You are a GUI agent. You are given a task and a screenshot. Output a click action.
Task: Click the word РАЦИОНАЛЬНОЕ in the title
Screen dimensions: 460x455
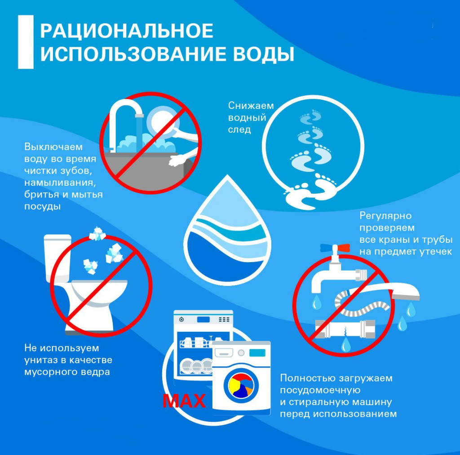[x=126, y=31]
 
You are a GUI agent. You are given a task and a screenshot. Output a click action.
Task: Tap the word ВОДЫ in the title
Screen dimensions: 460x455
[x=263, y=54]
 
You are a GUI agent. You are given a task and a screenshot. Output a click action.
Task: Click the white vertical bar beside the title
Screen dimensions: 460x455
[x=26, y=42]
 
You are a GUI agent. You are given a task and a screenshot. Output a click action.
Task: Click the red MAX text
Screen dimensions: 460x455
[x=184, y=401]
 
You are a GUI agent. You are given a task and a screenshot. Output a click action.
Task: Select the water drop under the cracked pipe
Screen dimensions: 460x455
[x=345, y=344]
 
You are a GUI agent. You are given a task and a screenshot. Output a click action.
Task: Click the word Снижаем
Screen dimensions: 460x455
[x=251, y=105]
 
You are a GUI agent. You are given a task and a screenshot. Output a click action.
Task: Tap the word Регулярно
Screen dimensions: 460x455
[x=385, y=216]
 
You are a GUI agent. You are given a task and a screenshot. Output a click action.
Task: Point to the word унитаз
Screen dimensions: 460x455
[x=41, y=360]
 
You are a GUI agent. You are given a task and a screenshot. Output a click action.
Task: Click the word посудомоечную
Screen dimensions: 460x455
[x=320, y=390]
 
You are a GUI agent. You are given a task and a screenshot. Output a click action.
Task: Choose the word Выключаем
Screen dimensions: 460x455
[x=53, y=147]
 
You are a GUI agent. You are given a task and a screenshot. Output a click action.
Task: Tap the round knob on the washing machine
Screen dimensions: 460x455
[x=241, y=352]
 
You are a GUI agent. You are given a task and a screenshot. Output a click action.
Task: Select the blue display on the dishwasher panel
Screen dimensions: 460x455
[x=203, y=319]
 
